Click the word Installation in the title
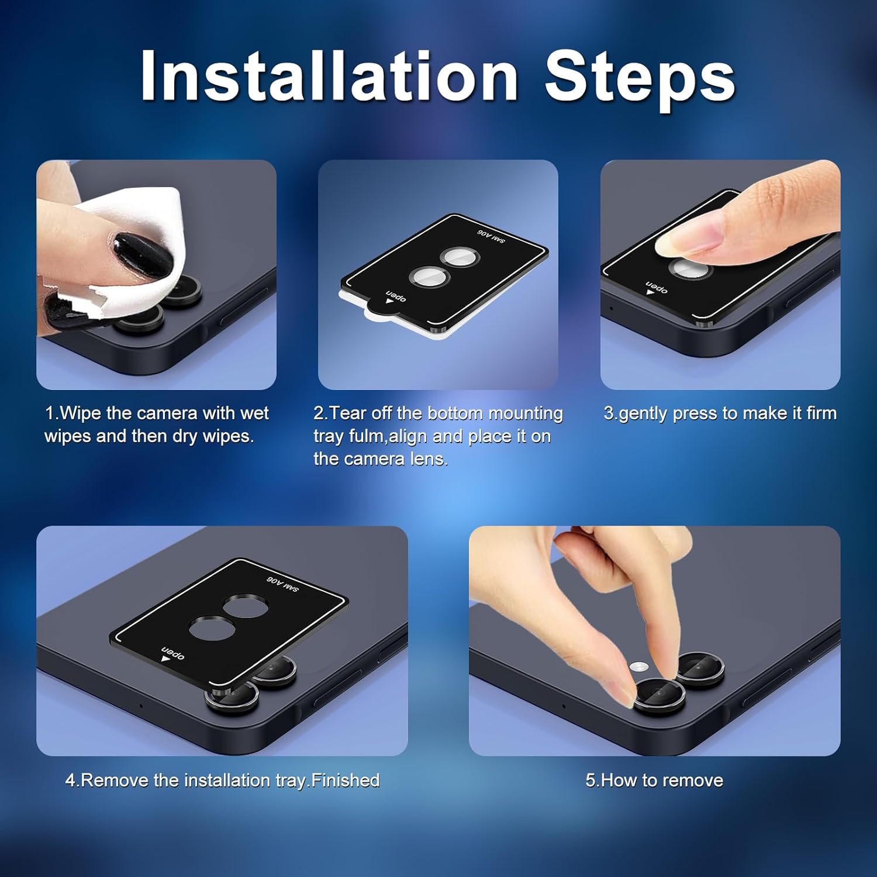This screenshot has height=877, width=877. (x=329, y=76)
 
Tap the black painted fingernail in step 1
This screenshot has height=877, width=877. (x=143, y=255)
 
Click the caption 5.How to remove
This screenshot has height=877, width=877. (x=654, y=781)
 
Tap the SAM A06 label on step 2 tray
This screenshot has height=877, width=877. (x=491, y=236)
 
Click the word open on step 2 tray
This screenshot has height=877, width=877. (x=396, y=295)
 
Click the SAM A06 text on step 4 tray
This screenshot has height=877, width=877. (x=283, y=583)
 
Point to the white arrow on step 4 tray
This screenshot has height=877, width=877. (x=166, y=659)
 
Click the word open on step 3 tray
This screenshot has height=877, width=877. (x=657, y=286)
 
